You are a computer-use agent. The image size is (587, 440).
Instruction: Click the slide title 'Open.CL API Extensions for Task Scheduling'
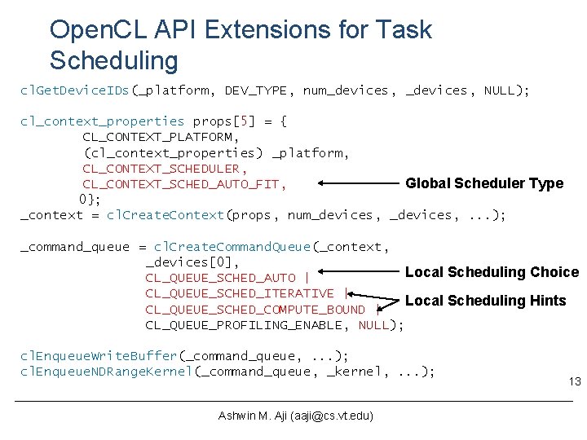(241, 45)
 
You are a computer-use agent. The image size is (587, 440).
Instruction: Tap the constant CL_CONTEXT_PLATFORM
(161, 137)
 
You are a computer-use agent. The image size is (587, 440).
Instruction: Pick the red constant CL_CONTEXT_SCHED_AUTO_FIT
(183, 184)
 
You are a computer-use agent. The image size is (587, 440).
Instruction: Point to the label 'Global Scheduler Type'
(484, 183)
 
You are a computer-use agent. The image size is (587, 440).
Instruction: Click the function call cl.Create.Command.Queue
(232, 247)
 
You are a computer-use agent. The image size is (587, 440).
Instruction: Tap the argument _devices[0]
(192, 262)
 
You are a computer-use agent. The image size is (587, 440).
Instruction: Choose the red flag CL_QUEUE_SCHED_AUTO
(220, 278)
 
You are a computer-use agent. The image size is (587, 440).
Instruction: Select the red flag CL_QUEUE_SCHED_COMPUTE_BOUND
(255, 310)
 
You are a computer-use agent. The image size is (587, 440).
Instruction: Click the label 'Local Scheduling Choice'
(492, 272)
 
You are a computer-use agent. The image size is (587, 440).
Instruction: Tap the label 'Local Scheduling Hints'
(485, 301)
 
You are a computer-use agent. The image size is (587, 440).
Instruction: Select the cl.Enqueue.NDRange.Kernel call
(106, 372)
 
